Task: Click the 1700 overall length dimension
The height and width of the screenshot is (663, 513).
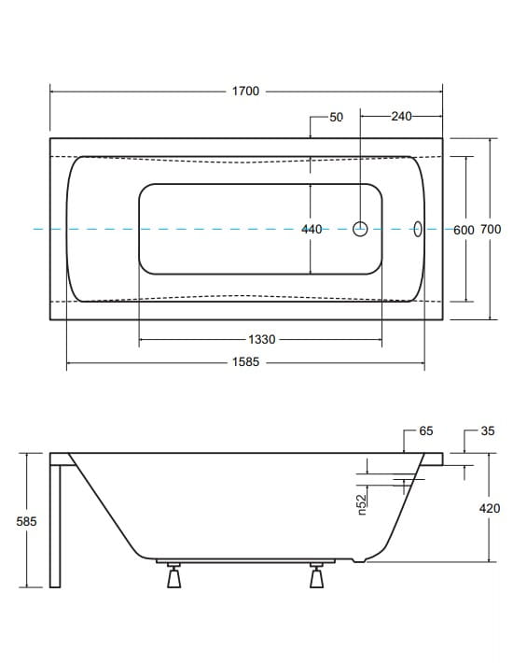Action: coord(245,91)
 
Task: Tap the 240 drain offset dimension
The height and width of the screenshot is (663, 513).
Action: coord(401,116)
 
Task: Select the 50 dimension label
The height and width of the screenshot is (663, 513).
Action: coord(336,117)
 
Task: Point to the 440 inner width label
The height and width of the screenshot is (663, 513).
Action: coord(312,229)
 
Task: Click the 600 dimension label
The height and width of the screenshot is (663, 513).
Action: coord(464,230)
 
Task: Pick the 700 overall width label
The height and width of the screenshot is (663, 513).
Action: coord(491,229)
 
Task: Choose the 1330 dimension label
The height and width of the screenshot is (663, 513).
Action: coord(262,339)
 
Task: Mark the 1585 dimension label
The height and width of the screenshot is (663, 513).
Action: coord(245,362)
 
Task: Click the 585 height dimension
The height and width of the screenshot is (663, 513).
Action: coord(27,521)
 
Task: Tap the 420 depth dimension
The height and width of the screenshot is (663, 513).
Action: coord(490,508)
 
